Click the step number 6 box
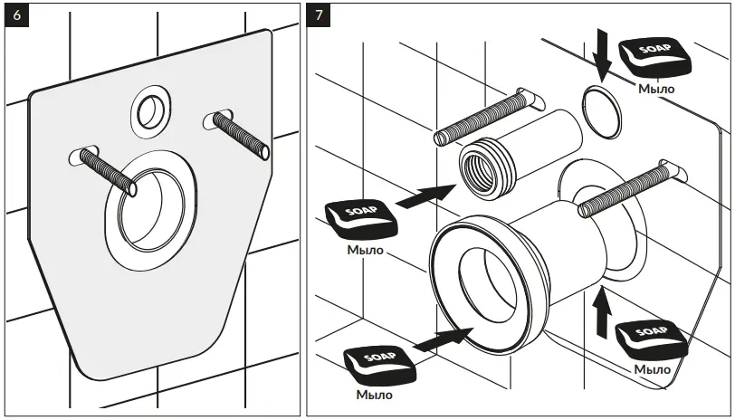pos(15,15)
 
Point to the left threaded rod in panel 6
pos(107,171)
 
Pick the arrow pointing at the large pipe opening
pos(443,339)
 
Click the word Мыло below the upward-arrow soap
pos(652,369)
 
